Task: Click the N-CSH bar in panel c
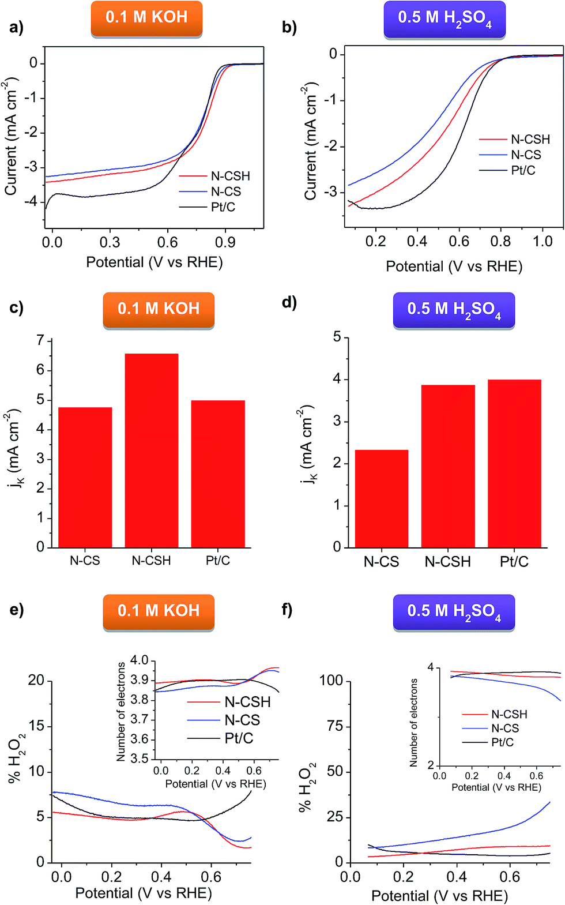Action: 151,450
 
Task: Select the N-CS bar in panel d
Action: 381,498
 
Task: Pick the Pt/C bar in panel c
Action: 218,474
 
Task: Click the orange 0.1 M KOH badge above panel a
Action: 146,17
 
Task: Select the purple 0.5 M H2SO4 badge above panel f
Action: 454,611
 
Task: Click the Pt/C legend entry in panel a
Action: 223,206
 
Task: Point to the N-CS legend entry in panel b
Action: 525,155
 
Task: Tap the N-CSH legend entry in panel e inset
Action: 247,701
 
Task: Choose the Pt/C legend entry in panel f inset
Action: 502,742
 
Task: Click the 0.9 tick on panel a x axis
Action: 225,242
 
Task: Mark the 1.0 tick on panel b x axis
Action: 543,241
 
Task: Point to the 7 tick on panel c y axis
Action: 40,340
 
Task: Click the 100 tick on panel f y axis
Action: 331,681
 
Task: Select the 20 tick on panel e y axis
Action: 36,681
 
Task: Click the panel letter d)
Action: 289,302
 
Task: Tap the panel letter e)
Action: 17,610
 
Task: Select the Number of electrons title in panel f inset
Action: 413,722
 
